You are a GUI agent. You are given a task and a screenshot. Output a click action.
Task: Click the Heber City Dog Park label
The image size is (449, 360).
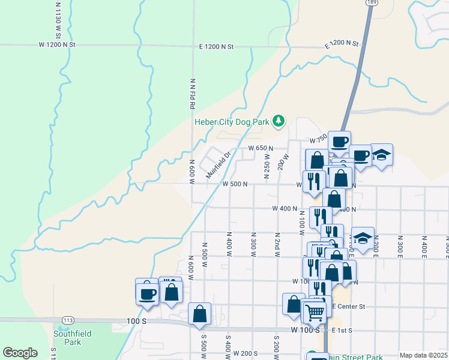point(231,122)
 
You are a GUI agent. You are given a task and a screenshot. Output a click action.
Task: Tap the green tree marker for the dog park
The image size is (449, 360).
point(279,121)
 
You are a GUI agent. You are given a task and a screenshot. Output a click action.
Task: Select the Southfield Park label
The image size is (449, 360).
point(67,338)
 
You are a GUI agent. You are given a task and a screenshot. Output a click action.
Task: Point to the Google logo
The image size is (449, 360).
point(20,353)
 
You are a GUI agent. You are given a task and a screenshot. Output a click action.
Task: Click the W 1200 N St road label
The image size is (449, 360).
point(57,45)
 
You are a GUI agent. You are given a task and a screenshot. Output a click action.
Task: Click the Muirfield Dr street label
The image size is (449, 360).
point(218,164)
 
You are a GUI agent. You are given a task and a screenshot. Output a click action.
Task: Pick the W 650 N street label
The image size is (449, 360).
point(261,148)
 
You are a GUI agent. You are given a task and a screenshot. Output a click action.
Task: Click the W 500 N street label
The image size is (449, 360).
point(235,184)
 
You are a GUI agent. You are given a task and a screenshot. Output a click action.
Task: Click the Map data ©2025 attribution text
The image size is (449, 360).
point(424,355)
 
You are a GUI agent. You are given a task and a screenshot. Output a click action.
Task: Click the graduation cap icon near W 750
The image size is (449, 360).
point(381,155)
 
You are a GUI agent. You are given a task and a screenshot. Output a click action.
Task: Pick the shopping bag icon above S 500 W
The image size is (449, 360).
point(199,313)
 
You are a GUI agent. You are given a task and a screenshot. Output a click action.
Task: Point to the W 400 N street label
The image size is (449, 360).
point(285,209)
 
